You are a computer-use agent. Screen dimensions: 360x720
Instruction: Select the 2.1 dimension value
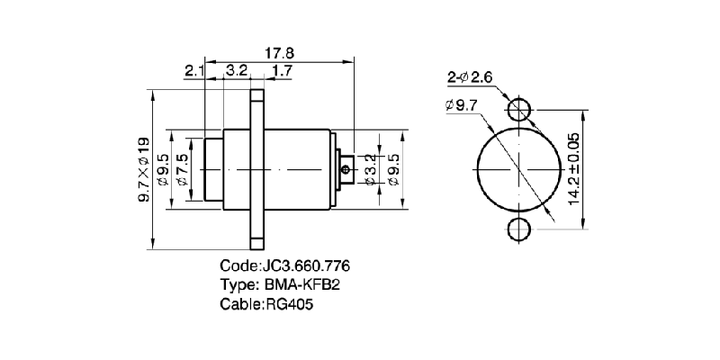pyautogui.click(x=194, y=70)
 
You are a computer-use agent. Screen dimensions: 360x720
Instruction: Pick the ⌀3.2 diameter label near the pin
pyautogui.click(x=371, y=169)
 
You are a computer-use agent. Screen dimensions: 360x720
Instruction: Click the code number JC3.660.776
pyautogui.click(x=305, y=267)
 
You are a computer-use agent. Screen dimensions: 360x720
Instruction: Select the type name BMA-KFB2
pyautogui.click(x=301, y=285)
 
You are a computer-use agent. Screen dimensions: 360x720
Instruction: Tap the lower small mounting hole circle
pyautogui.click(x=519, y=229)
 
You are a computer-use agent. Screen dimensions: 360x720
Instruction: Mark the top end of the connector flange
pyautogui.click(x=257, y=93)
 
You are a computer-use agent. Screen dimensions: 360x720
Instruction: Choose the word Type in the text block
pyautogui.click(x=238, y=285)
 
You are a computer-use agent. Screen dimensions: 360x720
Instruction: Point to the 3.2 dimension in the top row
pyautogui.click(x=238, y=70)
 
